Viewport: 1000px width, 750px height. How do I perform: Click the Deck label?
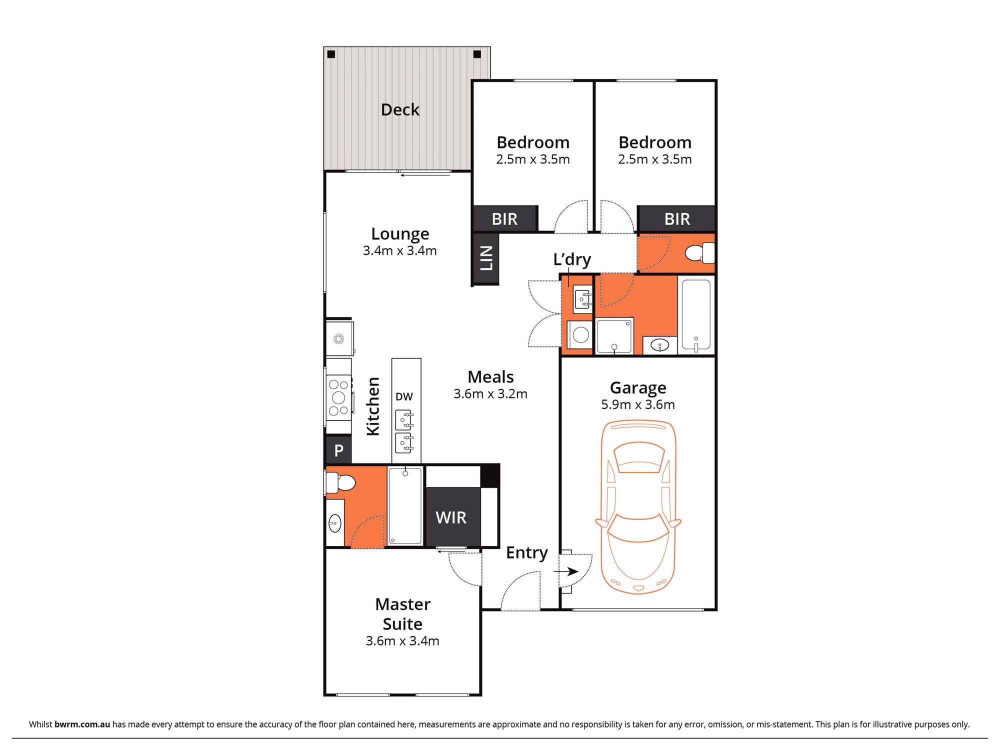pyautogui.click(x=400, y=109)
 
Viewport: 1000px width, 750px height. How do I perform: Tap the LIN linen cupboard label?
pyautogui.click(x=486, y=258)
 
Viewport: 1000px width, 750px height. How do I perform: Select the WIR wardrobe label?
pyautogui.click(x=450, y=517)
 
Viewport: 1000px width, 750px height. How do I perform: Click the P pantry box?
pyautogui.click(x=338, y=450)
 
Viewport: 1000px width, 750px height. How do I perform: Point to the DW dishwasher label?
pyautogui.click(x=404, y=396)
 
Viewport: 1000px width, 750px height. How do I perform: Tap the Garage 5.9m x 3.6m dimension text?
pyautogui.click(x=637, y=404)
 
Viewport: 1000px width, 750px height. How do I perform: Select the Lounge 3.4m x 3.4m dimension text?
pyautogui.click(x=399, y=250)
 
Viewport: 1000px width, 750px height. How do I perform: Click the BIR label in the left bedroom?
pyautogui.click(x=504, y=219)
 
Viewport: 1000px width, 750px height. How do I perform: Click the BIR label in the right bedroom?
pyautogui.click(x=677, y=219)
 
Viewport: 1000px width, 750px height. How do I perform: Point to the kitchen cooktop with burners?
pyautogui.click(x=338, y=397)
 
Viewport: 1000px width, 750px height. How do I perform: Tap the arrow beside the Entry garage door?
pyautogui.click(x=566, y=571)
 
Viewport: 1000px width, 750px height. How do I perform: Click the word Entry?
pyautogui.click(x=526, y=552)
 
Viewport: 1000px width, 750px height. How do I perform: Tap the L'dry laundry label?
pyautogui.click(x=572, y=259)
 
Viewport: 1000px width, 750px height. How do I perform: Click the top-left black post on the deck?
pyautogui.click(x=331, y=54)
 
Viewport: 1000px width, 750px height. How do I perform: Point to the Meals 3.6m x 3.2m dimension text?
pyautogui.click(x=490, y=394)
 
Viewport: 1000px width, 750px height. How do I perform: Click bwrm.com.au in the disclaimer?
pyautogui.click(x=82, y=724)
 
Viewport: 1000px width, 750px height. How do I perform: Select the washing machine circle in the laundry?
pyautogui.click(x=580, y=334)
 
